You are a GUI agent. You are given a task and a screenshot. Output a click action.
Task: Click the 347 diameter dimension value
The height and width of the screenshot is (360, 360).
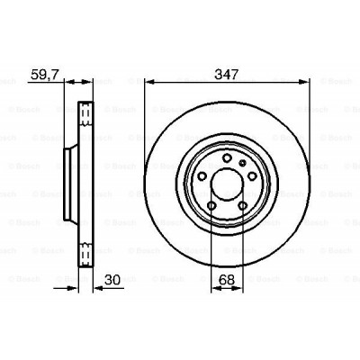click(227, 74)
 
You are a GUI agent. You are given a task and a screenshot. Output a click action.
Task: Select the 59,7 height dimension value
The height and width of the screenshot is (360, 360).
click(44, 74)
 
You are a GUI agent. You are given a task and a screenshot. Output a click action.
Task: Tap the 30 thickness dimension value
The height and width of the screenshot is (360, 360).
click(112, 280)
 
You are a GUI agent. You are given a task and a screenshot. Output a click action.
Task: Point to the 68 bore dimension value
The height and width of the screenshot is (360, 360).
click(227, 280)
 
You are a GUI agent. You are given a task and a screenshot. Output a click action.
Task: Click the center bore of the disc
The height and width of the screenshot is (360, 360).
click(227, 184)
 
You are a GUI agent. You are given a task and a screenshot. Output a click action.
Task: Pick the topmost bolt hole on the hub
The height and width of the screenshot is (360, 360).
click(227, 157)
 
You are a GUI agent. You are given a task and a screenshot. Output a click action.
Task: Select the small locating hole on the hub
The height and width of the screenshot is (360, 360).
click(242, 163)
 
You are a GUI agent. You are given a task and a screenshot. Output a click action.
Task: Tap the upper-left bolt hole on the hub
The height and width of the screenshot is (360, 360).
click(202, 176)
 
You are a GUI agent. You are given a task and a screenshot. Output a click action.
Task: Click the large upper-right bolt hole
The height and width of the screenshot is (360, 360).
click(252, 176)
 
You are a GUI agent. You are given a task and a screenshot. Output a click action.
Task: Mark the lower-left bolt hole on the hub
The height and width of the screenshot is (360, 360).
click(211, 206)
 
